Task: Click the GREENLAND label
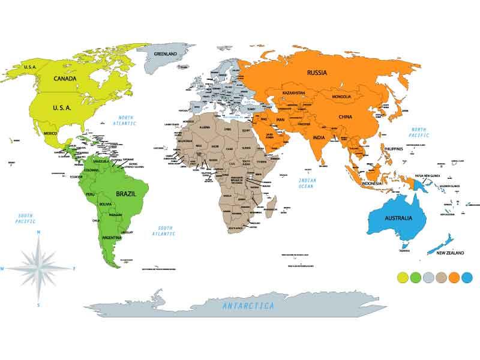point(166,54)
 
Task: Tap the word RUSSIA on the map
point(317,73)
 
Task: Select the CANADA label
point(64,79)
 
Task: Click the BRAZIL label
point(127,194)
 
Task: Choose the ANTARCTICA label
point(248,306)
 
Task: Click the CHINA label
point(345,117)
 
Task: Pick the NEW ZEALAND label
point(450,253)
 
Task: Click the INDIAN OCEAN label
point(306,182)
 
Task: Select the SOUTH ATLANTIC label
point(166,230)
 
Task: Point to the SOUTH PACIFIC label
point(25,218)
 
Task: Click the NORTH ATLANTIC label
point(125,120)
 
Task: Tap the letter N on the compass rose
point(38,232)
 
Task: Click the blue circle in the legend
point(468,277)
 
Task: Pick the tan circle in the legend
point(442,277)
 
